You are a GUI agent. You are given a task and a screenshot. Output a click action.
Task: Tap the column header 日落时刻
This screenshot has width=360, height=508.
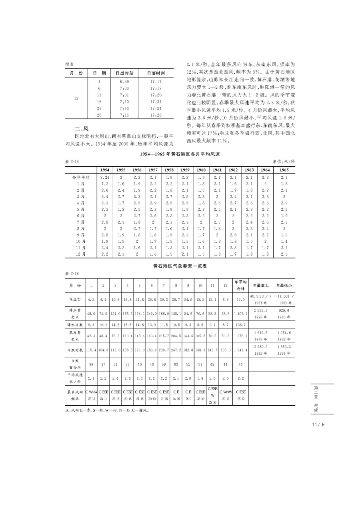(x=156, y=73)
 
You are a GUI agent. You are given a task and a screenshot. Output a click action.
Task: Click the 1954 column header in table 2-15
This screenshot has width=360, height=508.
(x=104, y=170)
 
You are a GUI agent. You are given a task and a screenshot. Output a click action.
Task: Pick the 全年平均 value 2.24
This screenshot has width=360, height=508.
(x=104, y=177)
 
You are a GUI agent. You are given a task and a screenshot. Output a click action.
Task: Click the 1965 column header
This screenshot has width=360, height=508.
(x=284, y=170)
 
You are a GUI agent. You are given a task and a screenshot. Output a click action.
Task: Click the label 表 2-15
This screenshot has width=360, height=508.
(x=72, y=161)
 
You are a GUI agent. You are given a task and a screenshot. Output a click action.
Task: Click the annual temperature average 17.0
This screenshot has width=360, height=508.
(x=241, y=299)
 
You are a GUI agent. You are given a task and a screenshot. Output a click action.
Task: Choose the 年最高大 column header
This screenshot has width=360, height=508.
(x=260, y=286)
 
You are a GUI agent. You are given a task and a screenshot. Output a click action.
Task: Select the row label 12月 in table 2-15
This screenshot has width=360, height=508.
(x=80, y=254)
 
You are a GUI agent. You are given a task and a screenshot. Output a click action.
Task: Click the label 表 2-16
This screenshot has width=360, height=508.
(x=72, y=274)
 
